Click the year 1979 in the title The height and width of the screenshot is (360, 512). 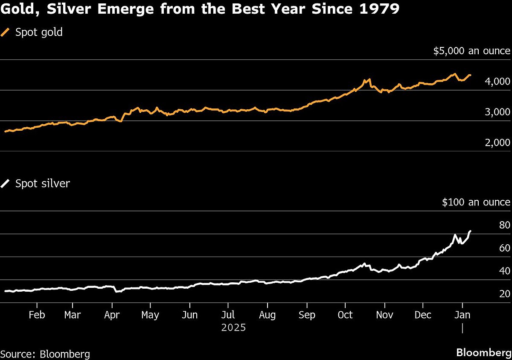383,9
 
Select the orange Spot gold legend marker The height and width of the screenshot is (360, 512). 6,32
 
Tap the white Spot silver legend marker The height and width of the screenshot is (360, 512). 6,184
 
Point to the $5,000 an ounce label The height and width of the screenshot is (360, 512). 471,51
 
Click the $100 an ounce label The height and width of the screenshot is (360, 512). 476,202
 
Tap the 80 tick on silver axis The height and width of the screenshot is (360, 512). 504,225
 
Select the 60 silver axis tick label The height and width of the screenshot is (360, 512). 504,248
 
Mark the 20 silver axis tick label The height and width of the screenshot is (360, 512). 504,294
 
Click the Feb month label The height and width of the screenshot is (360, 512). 37,315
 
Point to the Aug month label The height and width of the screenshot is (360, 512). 267,315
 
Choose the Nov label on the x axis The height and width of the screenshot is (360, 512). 384,315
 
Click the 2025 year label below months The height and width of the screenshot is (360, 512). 233,328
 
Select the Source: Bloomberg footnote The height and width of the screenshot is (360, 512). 45,354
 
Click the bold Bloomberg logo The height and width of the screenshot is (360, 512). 483,353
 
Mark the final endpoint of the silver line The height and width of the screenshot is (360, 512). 470,231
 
